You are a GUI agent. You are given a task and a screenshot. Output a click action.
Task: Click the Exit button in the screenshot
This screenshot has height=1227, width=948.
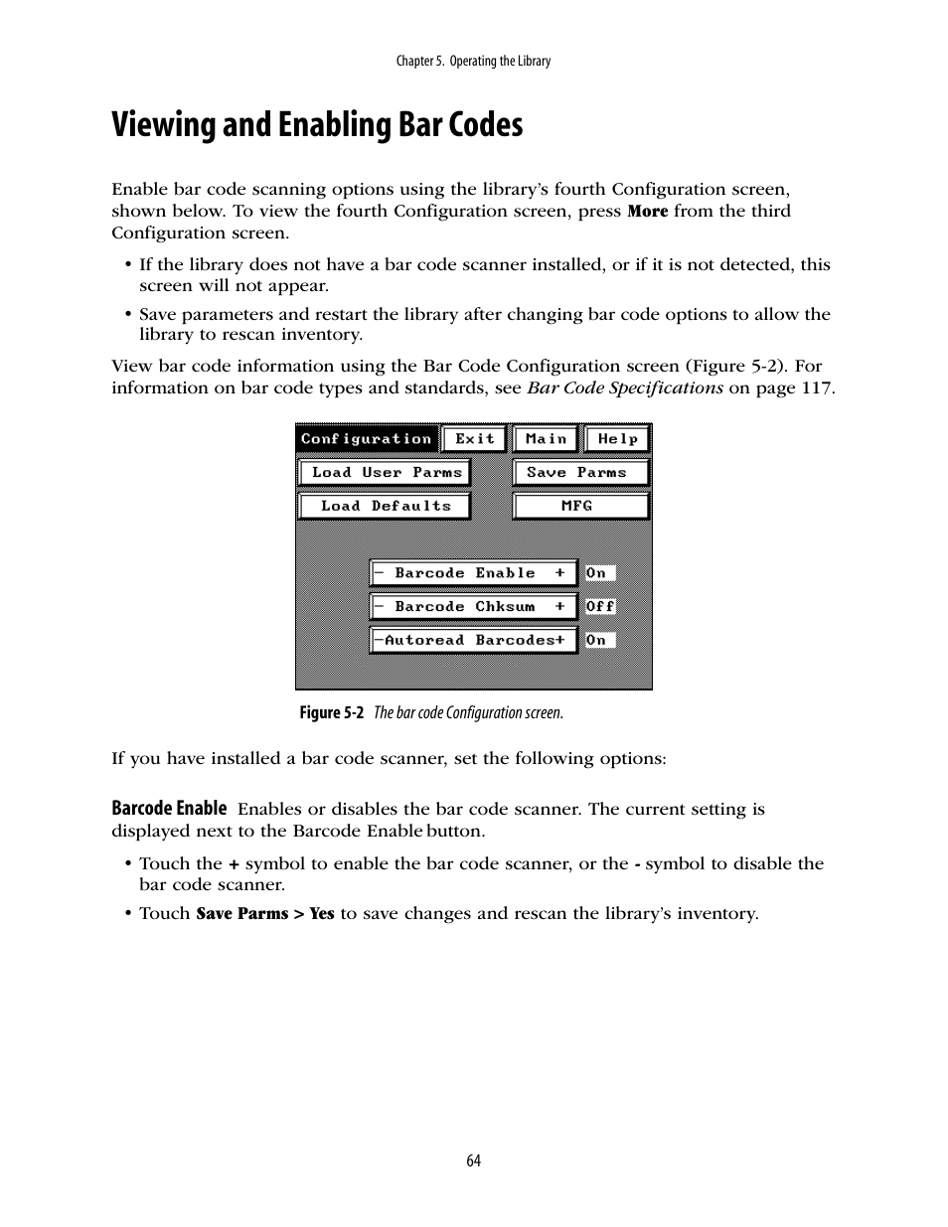click(474, 439)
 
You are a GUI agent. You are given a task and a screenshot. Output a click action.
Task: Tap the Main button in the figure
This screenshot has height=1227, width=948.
click(547, 439)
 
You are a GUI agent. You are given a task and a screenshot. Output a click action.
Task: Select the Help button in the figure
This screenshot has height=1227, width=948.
click(617, 439)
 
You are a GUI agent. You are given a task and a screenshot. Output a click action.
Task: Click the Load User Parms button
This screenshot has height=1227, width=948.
click(385, 473)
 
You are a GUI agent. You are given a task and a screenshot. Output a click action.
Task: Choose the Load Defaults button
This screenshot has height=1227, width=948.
click(385, 506)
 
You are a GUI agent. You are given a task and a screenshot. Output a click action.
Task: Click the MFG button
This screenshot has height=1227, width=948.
click(580, 506)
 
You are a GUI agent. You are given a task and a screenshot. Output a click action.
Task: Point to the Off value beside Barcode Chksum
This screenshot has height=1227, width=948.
click(600, 607)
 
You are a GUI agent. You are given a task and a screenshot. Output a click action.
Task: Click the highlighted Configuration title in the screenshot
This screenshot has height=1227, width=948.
click(366, 439)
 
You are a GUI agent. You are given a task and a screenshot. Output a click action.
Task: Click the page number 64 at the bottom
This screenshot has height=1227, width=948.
click(473, 1160)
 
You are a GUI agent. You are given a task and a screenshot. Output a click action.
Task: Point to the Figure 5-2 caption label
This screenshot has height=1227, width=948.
click(332, 713)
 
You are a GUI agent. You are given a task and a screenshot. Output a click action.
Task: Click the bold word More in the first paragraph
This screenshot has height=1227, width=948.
click(647, 212)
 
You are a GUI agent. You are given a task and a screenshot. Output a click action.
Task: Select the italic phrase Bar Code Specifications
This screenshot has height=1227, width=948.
click(624, 387)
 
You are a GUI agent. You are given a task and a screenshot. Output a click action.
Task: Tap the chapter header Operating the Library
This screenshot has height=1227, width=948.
click(500, 62)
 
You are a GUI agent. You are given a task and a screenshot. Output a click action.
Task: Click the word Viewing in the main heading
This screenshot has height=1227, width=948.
click(162, 126)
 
